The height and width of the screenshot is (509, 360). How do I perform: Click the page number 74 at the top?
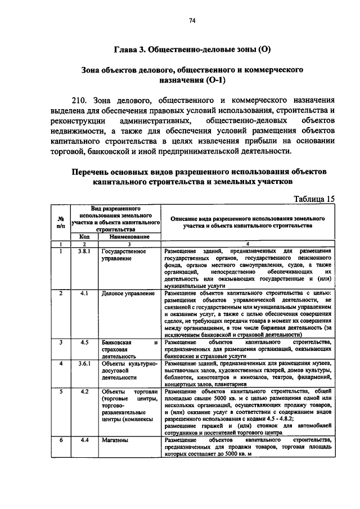(192, 21)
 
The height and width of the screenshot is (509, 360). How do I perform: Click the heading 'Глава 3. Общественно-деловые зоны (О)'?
(193, 49)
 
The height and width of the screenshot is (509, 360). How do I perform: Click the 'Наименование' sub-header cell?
(128, 237)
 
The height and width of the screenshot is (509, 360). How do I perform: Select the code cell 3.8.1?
(84, 251)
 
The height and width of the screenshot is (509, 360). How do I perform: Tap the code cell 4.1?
(84, 293)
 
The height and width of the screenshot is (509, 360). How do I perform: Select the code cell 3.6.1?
(84, 363)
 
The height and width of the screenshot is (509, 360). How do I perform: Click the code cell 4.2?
(84, 391)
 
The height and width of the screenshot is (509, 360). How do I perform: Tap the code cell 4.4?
(84, 440)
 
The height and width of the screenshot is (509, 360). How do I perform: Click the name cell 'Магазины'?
(115, 440)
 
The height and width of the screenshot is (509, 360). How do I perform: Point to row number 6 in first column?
(60, 440)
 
